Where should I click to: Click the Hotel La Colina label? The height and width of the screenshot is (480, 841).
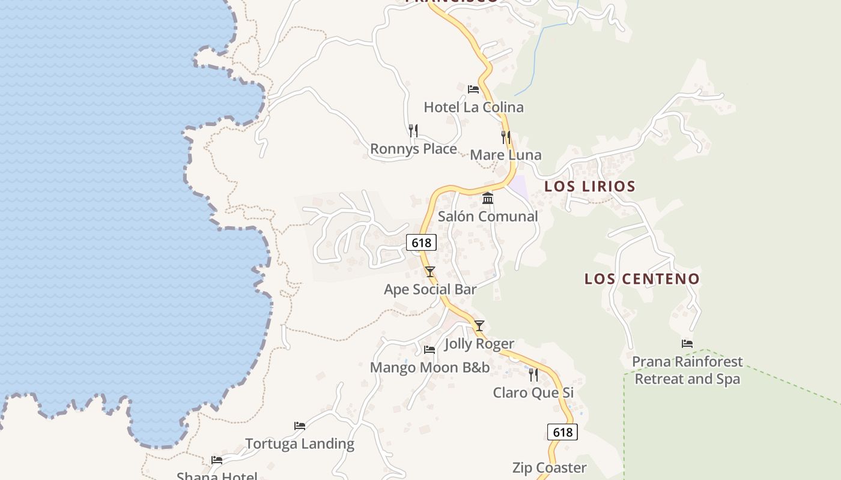473,107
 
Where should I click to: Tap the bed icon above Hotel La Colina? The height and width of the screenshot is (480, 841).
473,89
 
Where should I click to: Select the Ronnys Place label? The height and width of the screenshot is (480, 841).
413,149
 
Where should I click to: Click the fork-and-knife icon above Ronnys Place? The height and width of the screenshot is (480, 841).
413,130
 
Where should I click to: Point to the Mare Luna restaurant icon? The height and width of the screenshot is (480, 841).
506,137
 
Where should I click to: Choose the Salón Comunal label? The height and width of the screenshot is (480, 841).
488,217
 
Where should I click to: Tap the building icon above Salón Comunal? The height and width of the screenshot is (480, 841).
488,198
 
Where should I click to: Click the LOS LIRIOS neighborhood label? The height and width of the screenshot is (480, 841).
590,187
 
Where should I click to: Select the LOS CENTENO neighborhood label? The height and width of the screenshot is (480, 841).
642,279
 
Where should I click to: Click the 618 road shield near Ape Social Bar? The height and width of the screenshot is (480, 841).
421,242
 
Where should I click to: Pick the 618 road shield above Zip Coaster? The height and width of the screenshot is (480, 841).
562,432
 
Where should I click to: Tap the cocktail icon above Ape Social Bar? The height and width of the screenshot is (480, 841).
430,271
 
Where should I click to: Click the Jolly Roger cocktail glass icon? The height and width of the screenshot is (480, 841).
479,326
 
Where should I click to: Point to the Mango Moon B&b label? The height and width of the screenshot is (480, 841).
430,367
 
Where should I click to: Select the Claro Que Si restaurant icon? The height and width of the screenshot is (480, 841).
533,374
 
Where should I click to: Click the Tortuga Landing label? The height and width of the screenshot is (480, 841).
300,444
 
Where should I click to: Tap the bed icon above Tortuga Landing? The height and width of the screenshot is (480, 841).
300,426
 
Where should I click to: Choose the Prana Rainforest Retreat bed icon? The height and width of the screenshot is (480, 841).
687,344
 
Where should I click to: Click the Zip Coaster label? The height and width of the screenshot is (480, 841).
549,467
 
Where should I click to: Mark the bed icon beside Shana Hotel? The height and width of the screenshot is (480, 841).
217,460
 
